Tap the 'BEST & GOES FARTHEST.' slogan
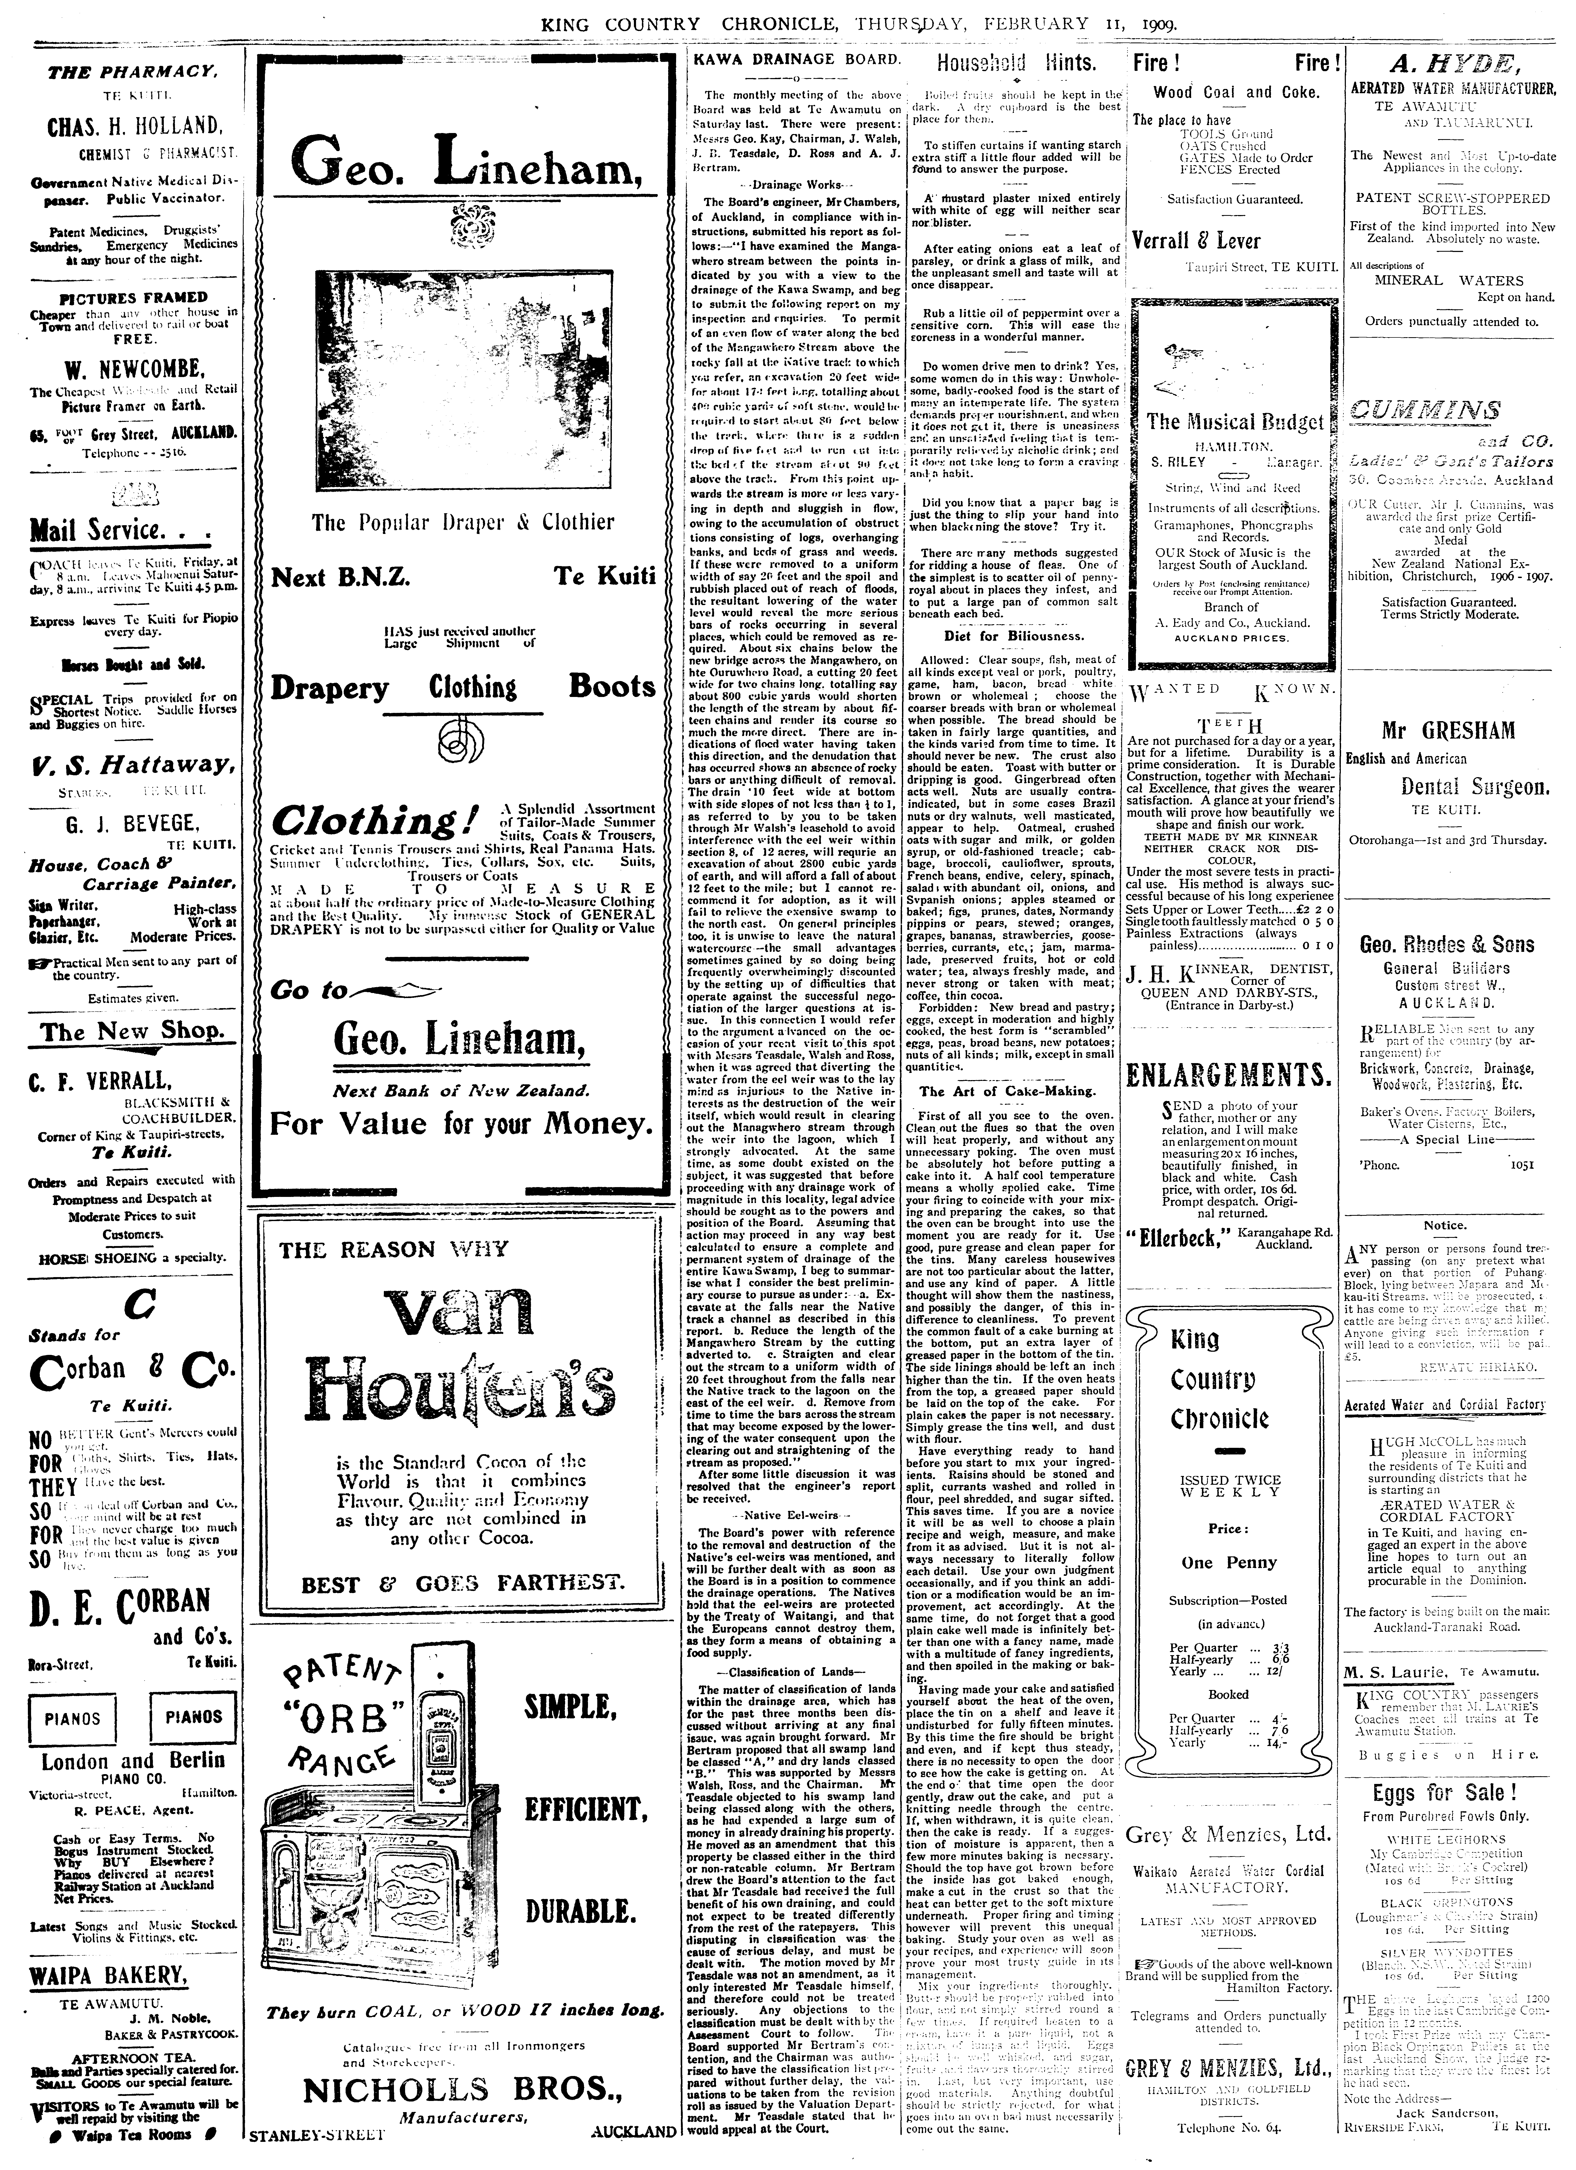[463, 1583]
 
